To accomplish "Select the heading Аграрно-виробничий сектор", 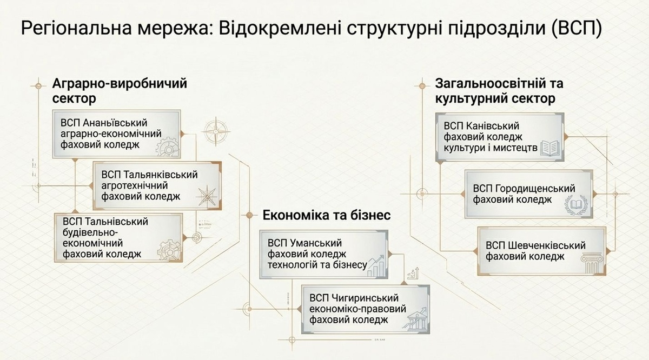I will [x=119, y=91].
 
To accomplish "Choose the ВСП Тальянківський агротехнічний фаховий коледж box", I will [x=157, y=185].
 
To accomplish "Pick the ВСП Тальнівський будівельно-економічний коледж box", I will [x=118, y=237].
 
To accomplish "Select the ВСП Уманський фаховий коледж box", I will [x=323, y=254].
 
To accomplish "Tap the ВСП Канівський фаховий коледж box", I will [x=500, y=137].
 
